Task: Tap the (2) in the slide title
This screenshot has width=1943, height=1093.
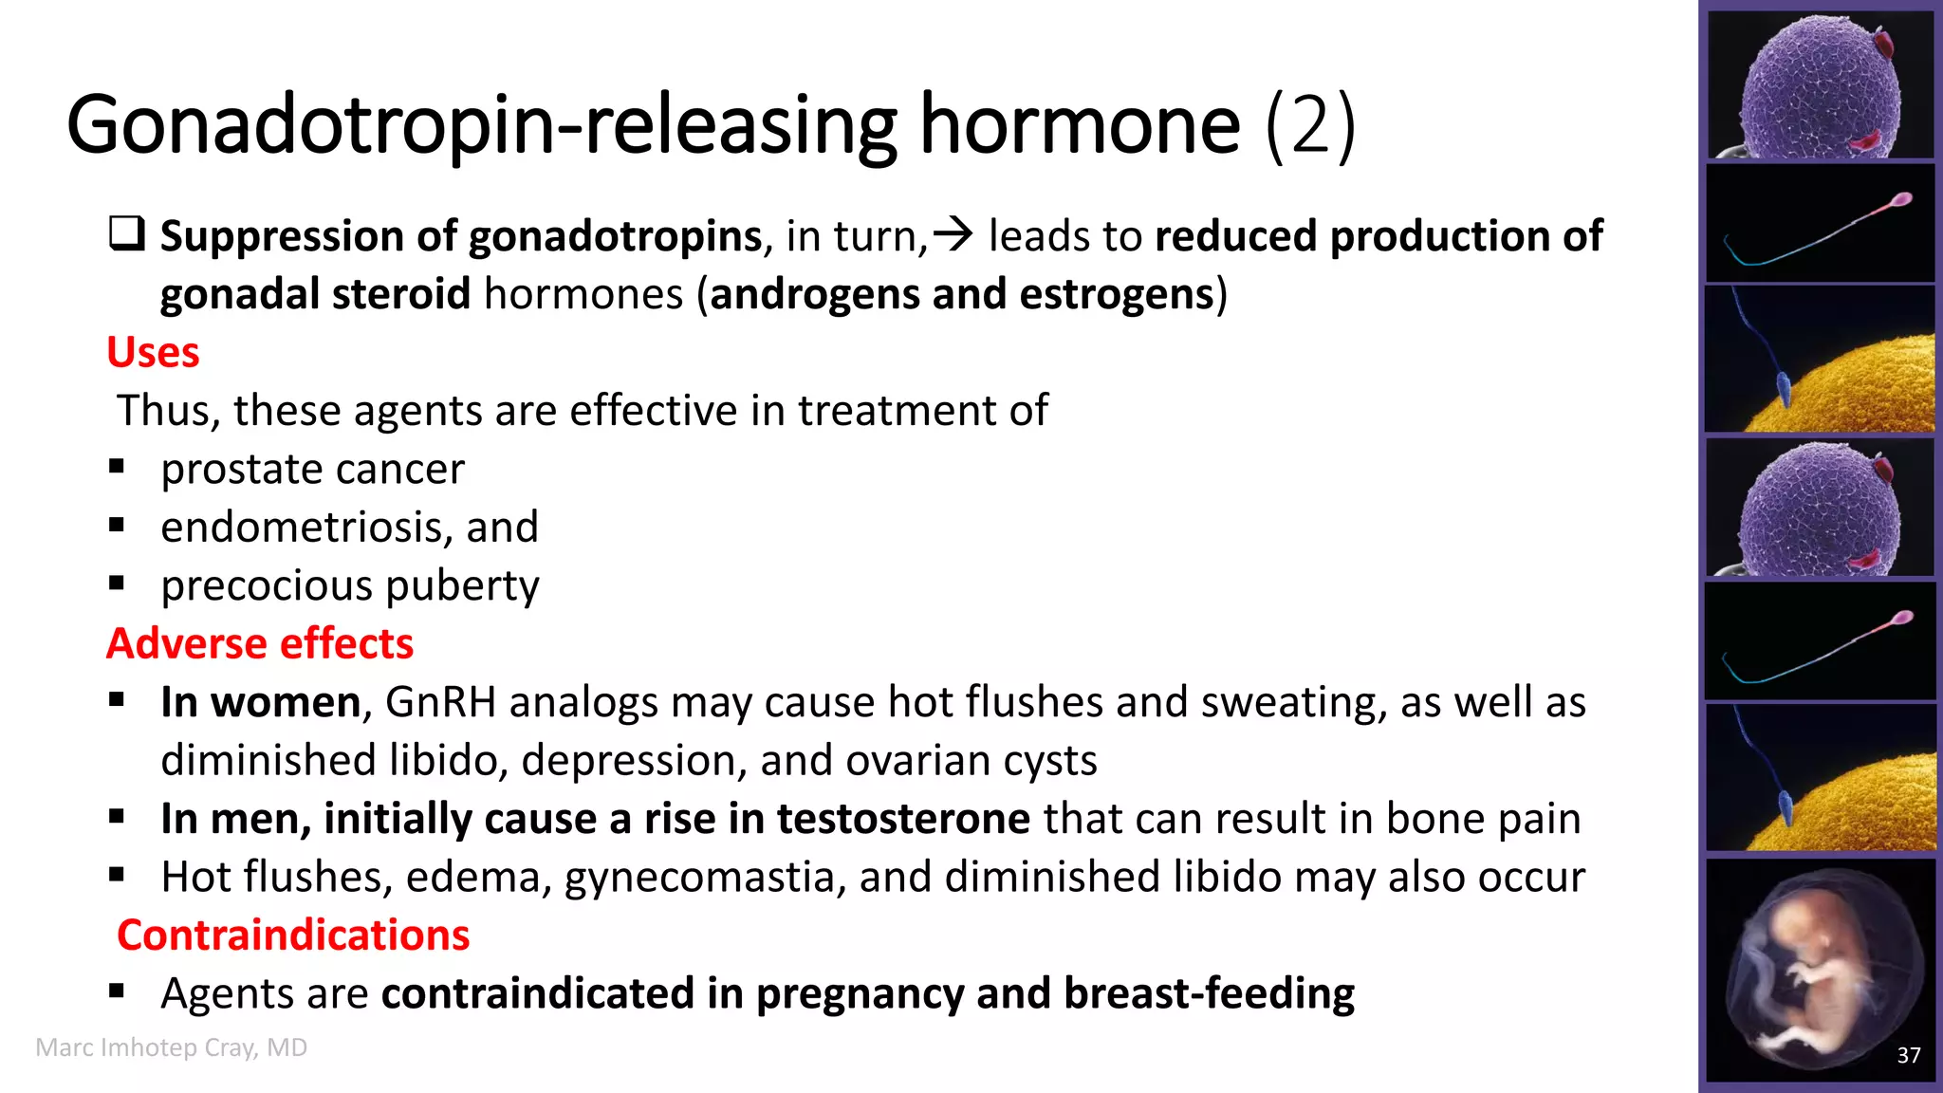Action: (1310, 125)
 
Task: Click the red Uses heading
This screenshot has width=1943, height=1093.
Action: (153, 352)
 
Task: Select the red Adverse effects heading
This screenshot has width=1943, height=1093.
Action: (260, 643)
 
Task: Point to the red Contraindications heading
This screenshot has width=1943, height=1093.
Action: (293, 935)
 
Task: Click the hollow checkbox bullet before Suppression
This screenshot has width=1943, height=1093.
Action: (127, 233)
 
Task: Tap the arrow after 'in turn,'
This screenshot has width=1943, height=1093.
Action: (953, 234)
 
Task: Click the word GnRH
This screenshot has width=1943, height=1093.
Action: (441, 702)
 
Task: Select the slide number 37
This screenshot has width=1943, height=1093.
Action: (1909, 1055)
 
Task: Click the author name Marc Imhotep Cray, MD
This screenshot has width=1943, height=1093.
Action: (172, 1047)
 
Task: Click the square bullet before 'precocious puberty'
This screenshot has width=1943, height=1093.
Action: (117, 584)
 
